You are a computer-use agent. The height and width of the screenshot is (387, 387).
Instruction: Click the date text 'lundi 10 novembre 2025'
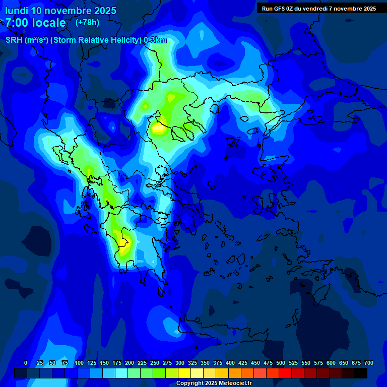(x=60, y=11)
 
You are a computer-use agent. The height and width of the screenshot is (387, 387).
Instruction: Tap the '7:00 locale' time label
(x=35, y=23)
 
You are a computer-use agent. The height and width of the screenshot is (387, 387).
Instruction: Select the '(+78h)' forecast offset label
(x=87, y=23)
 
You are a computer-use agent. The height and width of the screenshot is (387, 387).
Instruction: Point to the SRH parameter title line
(x=86, y=40)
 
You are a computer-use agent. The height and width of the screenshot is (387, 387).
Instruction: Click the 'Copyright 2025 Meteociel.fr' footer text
(x=213, y=383)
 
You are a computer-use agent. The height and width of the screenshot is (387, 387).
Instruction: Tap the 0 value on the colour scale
(x=26, y=363)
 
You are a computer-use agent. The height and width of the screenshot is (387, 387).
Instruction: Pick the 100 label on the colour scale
(x=79, y=363)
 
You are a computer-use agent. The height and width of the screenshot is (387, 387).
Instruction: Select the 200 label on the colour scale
(x=130, y=363)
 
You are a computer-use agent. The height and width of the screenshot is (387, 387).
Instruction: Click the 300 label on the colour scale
(x=180, y=363)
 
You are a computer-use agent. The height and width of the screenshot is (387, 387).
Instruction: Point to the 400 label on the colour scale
(x=230, y=363)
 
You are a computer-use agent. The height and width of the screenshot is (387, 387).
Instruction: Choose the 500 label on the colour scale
(x=281, y=363)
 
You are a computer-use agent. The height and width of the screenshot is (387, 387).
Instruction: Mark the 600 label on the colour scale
(x=331, y=363)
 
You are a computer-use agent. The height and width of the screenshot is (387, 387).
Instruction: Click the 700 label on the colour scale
(x=368, y=363)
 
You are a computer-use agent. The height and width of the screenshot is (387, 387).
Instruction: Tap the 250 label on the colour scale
(x=155, y=363)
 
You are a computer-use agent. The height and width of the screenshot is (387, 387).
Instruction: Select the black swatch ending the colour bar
(x=361, y=373)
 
